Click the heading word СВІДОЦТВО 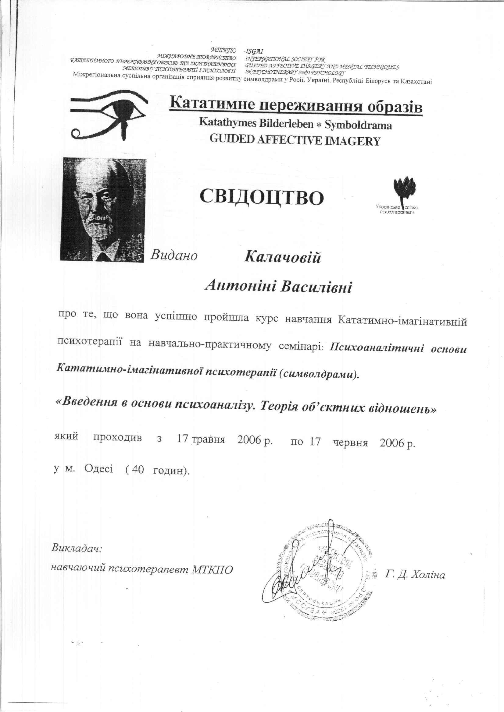pyautogui.click(x=262, y=197)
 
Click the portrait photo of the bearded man pyautogui.click(x=103, y=210)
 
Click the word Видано pyautogui.click(x=174, y=255)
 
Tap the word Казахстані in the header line pyautogui.click(x=416, y=82)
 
